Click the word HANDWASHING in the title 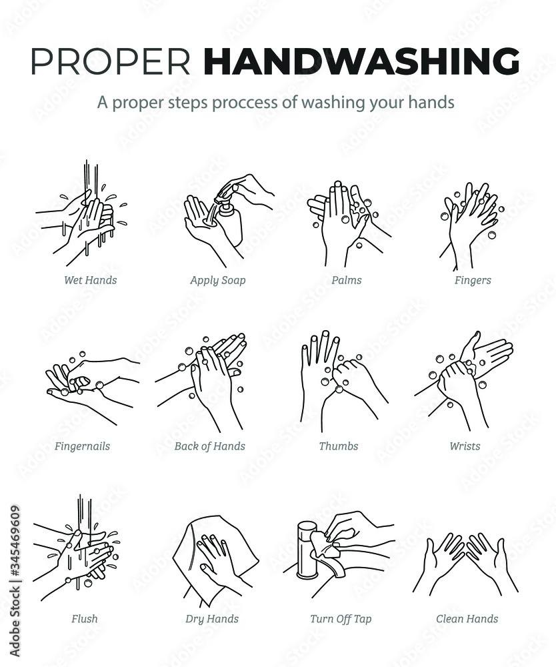coord(362,61)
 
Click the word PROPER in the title coord(111,61)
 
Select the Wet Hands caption coord(90,280)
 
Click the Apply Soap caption coord(217,280)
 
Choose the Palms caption coord(347,280)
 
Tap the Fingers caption coord(473,280)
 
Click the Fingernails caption coord(82,446)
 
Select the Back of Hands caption coord(209,446)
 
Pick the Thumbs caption coord(339,446)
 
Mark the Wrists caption coord(465,446)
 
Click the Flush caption coord(84,618)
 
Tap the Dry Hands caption coord(212,619)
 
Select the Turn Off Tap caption coord(341,619)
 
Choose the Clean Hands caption coord(467,618)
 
